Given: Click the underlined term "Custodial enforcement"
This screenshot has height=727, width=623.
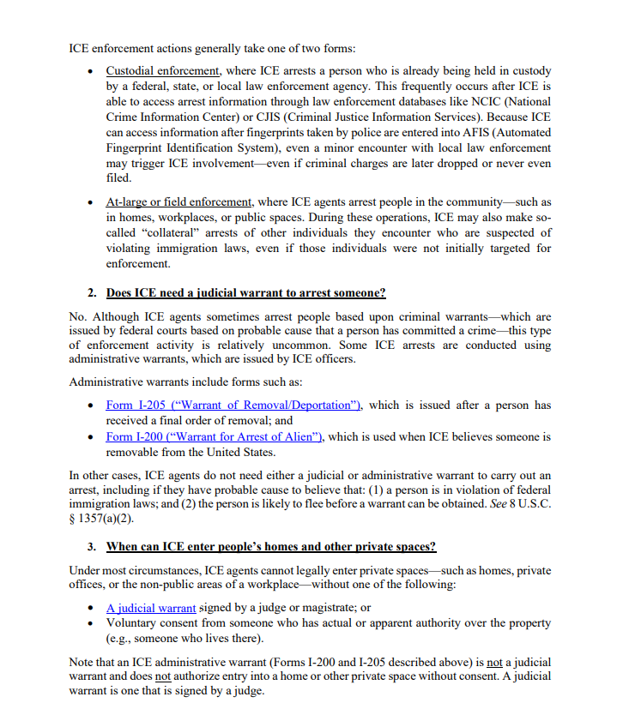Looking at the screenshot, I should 163,70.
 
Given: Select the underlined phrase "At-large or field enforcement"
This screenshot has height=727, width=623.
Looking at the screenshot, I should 178,202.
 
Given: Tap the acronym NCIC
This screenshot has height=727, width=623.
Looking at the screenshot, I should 473,101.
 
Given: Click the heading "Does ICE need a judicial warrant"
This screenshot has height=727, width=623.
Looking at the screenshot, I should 245,293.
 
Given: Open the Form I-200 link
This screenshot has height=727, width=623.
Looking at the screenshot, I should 215,436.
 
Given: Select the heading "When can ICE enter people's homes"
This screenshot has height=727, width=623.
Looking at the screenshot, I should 270,546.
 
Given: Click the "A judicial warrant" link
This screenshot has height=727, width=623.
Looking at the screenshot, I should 151,608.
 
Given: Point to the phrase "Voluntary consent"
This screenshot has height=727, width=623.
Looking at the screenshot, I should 153,623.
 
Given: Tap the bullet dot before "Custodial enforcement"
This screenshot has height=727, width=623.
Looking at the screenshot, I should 92,71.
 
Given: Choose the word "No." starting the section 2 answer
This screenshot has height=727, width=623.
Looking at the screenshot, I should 78,317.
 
